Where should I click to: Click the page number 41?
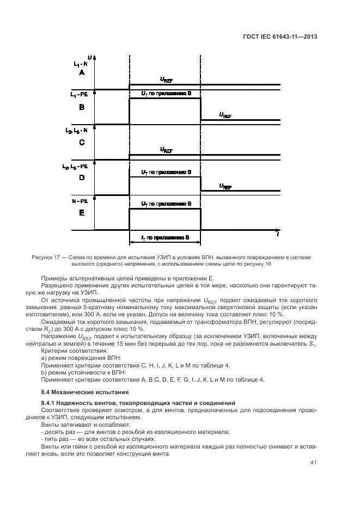(x=313, y=463)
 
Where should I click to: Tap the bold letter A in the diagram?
(x=82, y=72)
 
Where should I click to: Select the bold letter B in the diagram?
(x=82, y=108)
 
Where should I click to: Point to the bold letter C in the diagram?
(x=82, y=143)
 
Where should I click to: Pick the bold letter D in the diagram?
(x=82, y=177)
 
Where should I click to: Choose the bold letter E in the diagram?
(x=82, y=213)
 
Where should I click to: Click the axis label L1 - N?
(x=80, y=64)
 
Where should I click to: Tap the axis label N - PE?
(x=80, y=201)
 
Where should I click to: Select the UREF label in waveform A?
(x=166, y=79)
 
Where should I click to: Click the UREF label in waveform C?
(x=166, y=150)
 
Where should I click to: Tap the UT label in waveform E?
(x=166, y=204)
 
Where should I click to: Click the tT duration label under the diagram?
(x=166, y=238)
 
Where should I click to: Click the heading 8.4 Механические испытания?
(x=77, y=392)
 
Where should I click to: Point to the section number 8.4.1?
(x=50, y=402)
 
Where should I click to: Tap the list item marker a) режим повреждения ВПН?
(x=44, y=358)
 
